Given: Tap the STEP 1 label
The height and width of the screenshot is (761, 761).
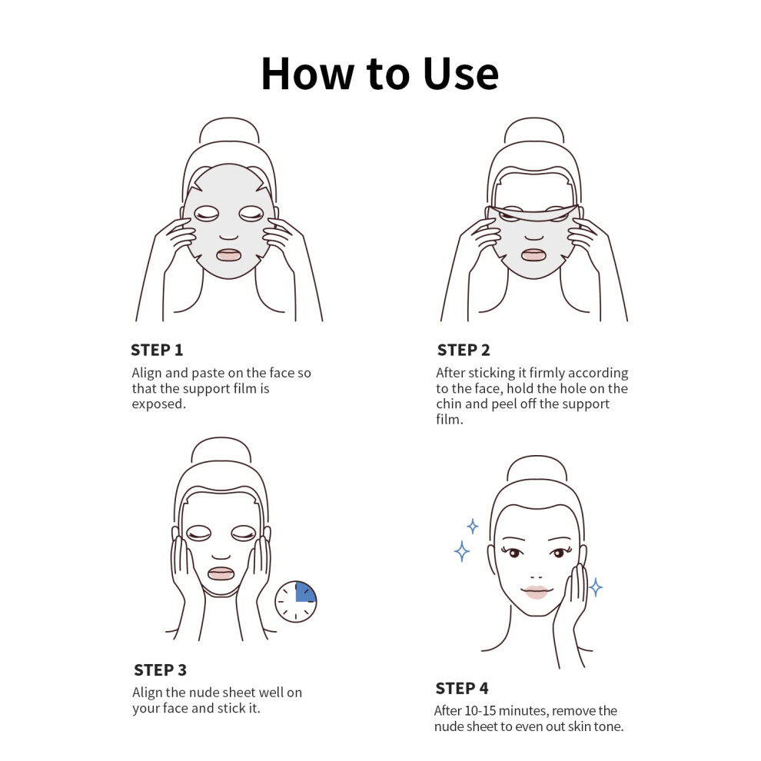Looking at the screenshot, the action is tap(157, 350).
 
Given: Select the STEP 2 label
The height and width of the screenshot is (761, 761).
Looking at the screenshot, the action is tap(464, 350).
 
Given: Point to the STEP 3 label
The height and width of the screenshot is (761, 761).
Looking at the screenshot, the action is tap(160, 670).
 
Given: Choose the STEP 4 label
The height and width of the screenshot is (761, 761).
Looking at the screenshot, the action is tap(462, 688).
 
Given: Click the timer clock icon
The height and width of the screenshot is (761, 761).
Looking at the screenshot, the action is tap(296, 602).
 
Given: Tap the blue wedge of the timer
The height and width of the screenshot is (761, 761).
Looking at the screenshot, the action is tap(305, 593).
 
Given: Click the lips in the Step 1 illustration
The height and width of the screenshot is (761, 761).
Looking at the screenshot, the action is tap(228, 254).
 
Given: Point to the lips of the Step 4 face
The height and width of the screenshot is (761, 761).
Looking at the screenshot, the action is tap(536, 592).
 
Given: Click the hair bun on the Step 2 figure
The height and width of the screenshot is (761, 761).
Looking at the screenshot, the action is tap(534, 130).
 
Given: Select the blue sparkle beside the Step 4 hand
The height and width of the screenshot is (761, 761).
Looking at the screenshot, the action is tap(596, 587).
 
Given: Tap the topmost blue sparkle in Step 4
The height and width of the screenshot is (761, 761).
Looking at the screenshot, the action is tap(472, 526).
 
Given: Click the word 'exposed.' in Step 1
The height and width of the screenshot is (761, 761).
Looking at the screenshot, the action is tap(158, 404).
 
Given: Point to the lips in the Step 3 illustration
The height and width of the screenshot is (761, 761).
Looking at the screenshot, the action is tap(221, 573).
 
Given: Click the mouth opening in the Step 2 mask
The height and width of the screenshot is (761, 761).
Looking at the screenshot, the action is tap(533, 254).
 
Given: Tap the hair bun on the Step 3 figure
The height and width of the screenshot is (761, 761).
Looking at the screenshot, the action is tap(221, 450).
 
